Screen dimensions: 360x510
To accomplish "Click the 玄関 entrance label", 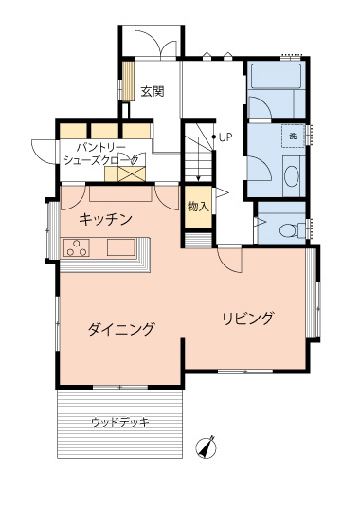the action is point(153,92).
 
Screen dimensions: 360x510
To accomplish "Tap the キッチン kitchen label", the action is point(105,219).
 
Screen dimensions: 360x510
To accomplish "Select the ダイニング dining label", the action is point(121,329).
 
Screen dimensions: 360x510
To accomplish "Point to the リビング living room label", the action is point(248,319).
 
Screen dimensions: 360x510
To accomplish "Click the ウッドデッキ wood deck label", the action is point(120,422).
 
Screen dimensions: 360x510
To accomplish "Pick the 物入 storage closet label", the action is point(198,207).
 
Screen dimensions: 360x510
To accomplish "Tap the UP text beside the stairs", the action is point(225,137).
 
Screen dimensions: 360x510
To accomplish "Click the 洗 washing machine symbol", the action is point(293,136).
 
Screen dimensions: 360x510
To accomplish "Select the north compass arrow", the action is point(206,447).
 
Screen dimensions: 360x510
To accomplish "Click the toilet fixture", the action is point(292,229).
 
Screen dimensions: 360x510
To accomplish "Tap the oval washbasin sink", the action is point(292,176).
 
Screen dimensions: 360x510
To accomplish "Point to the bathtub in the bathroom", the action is point(277,76).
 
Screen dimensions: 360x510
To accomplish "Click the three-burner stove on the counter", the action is point(77,247).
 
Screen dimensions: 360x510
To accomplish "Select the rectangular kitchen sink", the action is point(121,247).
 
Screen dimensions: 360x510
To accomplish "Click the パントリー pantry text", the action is point(100,148).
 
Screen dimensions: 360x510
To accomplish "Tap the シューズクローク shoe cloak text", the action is point(101,160).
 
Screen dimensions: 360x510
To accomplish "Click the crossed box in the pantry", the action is point(132,173).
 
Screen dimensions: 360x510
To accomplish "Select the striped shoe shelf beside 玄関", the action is point(128,81).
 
